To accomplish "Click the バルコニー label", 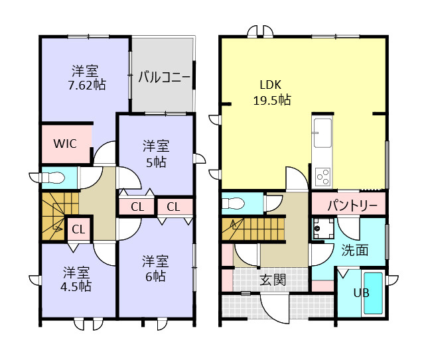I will (164, 77).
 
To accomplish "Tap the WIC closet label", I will (65, 143).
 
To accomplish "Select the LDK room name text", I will (271, 85).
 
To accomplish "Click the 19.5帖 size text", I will (271, 100).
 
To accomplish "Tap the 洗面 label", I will (355, 250).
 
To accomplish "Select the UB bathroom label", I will (360, 293).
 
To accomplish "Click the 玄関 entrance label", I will (272, 280).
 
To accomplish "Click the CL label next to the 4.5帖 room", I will (78, 230).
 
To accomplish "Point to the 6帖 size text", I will (155, 276).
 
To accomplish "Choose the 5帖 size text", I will (156, 162).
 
